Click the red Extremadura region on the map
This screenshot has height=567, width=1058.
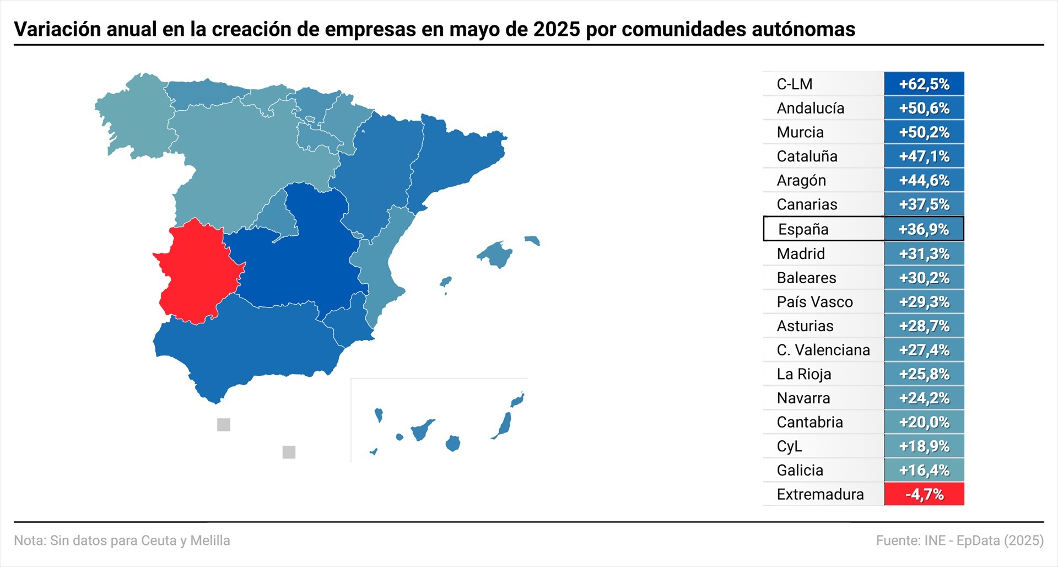coord(196,270)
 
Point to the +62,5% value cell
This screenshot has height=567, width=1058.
coord(924,84)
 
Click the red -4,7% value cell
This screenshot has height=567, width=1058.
coord(924,494)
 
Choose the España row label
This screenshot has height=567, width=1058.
coord(803,229)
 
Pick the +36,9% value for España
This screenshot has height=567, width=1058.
coord(924,229)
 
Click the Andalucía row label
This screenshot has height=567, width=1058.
coord(810,109)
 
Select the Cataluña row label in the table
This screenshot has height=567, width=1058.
coord(807,156)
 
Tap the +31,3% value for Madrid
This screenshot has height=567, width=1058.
coord(924,254)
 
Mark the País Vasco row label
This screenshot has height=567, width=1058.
coord(814,302)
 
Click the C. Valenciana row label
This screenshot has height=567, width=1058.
coord(823,350)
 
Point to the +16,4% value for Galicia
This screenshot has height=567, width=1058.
coord(924,471)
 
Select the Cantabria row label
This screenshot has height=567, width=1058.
coord(809,422)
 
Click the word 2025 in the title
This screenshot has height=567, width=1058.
coord(557,29)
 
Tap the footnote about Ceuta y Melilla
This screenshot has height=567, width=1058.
coord(122,541)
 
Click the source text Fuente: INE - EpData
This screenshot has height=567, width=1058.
coord(959,541)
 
